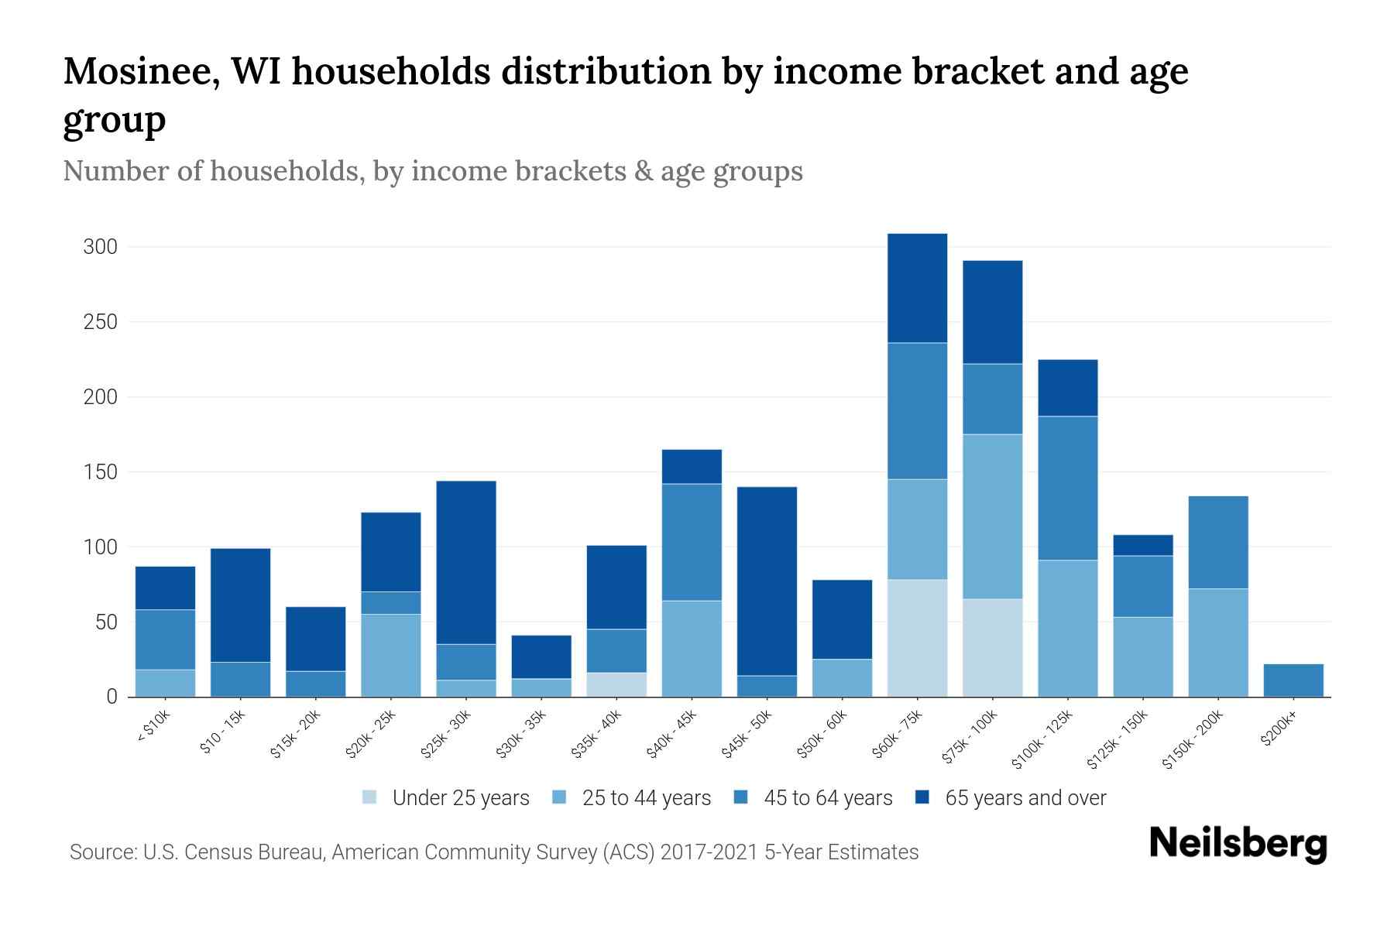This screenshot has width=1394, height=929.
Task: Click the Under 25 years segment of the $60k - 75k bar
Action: point(917,638)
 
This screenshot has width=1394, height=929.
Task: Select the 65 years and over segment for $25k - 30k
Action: point(466,562)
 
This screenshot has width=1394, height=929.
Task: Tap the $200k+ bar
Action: point(1293,680)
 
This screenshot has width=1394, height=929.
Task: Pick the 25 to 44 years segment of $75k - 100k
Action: point(992,516)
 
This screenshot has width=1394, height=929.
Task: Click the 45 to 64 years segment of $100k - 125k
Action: point(1068,488)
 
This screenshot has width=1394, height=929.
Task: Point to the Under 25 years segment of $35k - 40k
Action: point(616,684)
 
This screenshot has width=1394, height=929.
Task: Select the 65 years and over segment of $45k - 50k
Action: point(767,581)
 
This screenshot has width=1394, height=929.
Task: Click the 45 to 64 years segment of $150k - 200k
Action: point(1218,542)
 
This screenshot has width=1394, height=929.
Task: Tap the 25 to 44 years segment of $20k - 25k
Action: point(391,655)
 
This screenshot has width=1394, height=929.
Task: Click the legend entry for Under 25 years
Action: point(460,798)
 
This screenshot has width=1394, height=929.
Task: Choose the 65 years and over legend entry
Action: point(1025,798)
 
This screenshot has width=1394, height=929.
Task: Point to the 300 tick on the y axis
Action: point(100,247)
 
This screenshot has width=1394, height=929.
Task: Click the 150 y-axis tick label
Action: point(100,472)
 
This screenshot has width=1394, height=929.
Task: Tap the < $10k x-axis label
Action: point(153,727)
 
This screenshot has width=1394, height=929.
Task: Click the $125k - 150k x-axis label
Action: point(1117,740)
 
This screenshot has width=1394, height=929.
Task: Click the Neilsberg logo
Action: point(1238,844)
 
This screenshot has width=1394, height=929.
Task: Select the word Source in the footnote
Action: point(101,852)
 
